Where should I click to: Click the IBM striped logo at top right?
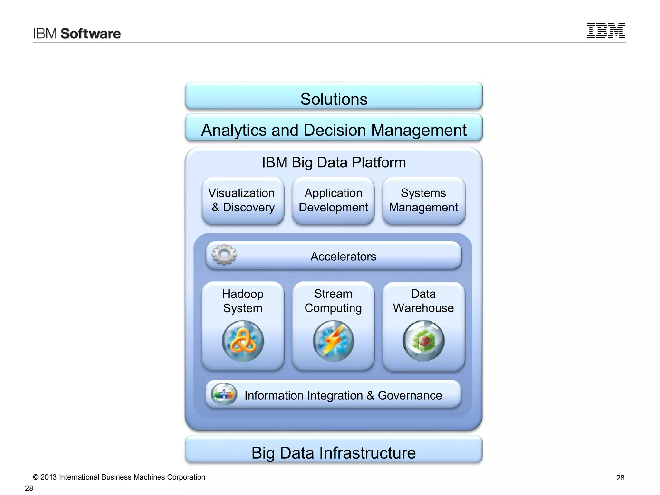pyautogui.click(x=606, y=31)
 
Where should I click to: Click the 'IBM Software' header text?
pyautogui.click(x=77, y=34)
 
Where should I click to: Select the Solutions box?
pyautogui.click(x=334, y=96)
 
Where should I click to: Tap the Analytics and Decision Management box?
pyautogui.click(x=334, y=128)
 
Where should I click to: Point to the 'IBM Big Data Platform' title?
pyautogui.click(x=334, y=162)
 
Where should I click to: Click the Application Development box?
pyautogui.click(x=333, y=200)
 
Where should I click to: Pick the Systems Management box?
pyautogui.click(x=423, y=200)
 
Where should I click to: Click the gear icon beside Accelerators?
pyautogui.click(x=224, y=255)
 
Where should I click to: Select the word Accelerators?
pyautogui.click(x=343, y=257)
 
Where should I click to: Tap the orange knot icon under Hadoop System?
pyautogui.click(x=243, y=341)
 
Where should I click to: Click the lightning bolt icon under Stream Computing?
pyautogui.click(x=333, y=341)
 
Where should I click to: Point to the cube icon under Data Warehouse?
pyautogui.click(x=423, y=341)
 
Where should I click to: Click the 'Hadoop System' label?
pyautogui.click(x=243, y=301)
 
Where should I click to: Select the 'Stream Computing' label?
pyautogui.click(x=333, y=301)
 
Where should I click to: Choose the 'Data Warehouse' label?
pyautogui.click(x=423, y=301)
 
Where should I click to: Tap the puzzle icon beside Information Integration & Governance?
pyautogui.click(x=224, y=394)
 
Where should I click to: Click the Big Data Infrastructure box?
pyautogui.click(x=334, y=451)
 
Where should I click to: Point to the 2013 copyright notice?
pyautogui.click(x=119, y=477)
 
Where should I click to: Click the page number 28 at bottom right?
pyautogui.click(x=620, y=478)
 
